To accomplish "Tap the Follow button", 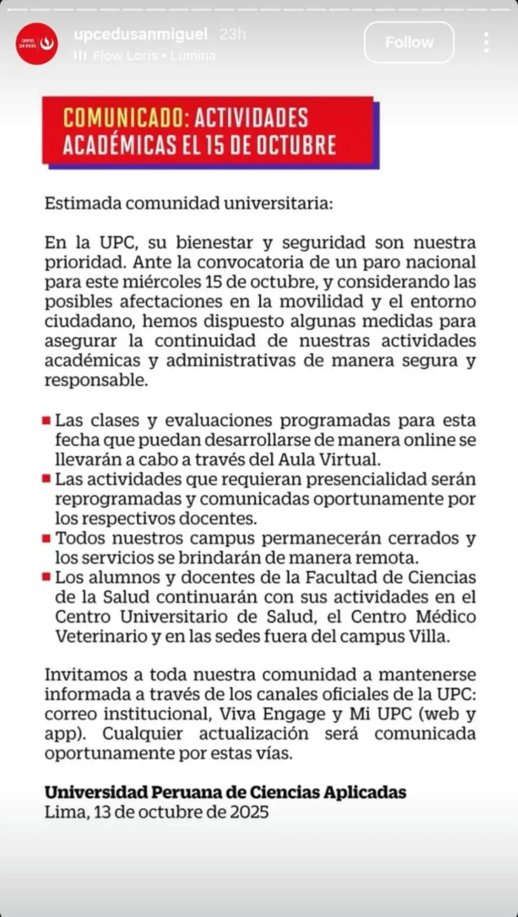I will click(409, 42).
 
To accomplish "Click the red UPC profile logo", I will click(37, 44).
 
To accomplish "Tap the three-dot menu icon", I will click(486, 42).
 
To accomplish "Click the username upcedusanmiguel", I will click(141, 34).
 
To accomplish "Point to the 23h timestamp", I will click(233, 34).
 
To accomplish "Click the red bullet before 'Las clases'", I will click(46, 421).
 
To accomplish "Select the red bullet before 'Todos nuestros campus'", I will click(46, 538).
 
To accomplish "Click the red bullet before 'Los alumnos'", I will click(46, 577).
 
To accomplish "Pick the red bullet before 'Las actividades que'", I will click(46, 479).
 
